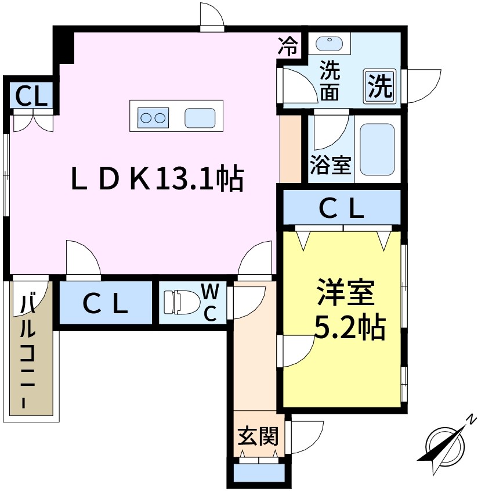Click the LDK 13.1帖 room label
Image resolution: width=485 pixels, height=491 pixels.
point(156,178)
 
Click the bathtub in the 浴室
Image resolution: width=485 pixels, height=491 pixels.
point(377,149)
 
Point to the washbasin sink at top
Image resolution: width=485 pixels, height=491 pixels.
point(330,42)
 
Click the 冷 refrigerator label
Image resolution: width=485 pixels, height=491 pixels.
point(289,45)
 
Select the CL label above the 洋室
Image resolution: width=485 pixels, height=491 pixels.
point(342,208)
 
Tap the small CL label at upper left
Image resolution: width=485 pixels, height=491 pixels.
point(31,95)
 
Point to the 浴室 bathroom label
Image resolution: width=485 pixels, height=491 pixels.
point(330,165)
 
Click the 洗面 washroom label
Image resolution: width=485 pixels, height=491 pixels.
point(330,82)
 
